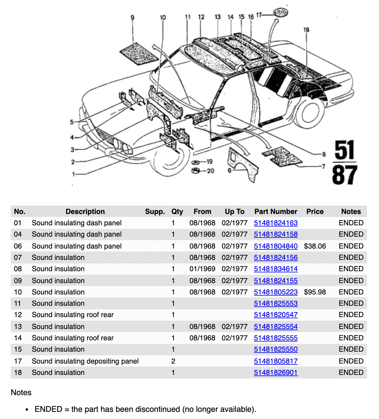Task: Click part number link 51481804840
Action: (x=276, y=246)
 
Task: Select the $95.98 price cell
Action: (x=315, y=292)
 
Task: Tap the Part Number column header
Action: (x=276, y=212)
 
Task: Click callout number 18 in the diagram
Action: (x=306, y=30)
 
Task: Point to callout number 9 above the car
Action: (x=133, y=18)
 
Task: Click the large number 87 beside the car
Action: (x=344, y=175)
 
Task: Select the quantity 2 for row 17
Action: (x=173, y=361)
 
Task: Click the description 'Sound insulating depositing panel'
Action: (x=85, y=361)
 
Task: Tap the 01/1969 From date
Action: (x=202, y=269)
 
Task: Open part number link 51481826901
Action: (x=276, y=373)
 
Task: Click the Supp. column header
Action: (x=155, y=212)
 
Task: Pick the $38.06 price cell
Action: (x=315, y=246)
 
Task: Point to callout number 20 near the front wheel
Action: (x=210, y=171)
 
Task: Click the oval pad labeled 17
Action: (x=281, y=12)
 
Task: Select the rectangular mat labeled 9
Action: (x=139, y=53)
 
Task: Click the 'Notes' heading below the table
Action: (x=21, y=392)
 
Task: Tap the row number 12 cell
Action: (x=18, y=315)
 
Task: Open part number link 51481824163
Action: (x=276, y=223)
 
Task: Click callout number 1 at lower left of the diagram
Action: (x=73, y=174)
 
